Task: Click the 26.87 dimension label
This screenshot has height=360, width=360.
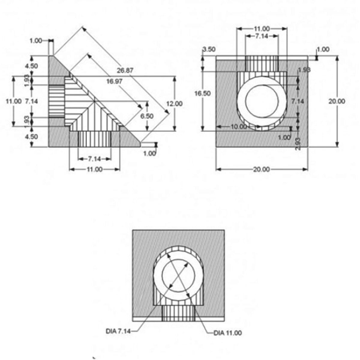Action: (125, 70)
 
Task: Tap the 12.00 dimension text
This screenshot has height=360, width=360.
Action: (174, 104)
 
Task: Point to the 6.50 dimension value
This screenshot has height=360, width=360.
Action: (147, 116)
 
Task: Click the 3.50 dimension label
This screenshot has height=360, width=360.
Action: (209, 49)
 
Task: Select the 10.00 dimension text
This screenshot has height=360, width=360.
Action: (238, 127)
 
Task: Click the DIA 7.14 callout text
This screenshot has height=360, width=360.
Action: (118, 331)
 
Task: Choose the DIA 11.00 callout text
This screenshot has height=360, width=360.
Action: (227, 333)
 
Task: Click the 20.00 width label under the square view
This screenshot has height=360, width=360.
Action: (261, 169)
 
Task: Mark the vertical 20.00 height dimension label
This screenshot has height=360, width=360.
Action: (337, 101)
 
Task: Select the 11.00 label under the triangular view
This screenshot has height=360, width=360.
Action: (94, 169)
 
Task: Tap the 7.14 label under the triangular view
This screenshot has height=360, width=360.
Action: (94, 159)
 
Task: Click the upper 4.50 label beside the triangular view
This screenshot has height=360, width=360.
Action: (31, 66)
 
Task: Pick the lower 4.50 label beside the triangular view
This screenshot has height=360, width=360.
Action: (31, 137)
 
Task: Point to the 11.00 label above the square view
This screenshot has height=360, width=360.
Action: (262, 29)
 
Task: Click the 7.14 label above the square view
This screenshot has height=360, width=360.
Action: (262, 36)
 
